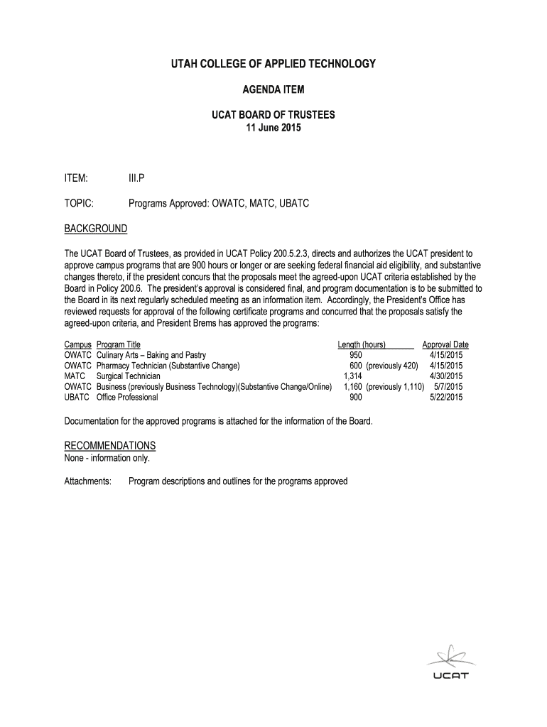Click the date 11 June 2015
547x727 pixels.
click(273, 128)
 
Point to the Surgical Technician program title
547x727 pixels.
click(128, 376)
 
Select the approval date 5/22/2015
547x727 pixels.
click(446, 398)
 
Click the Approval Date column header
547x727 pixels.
click(445, 345)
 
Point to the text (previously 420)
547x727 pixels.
click(392, 366)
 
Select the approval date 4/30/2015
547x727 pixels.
click(446, 376)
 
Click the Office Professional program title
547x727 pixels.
click(127, 398)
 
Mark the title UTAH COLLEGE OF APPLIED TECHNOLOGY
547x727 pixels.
click(273, 65)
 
